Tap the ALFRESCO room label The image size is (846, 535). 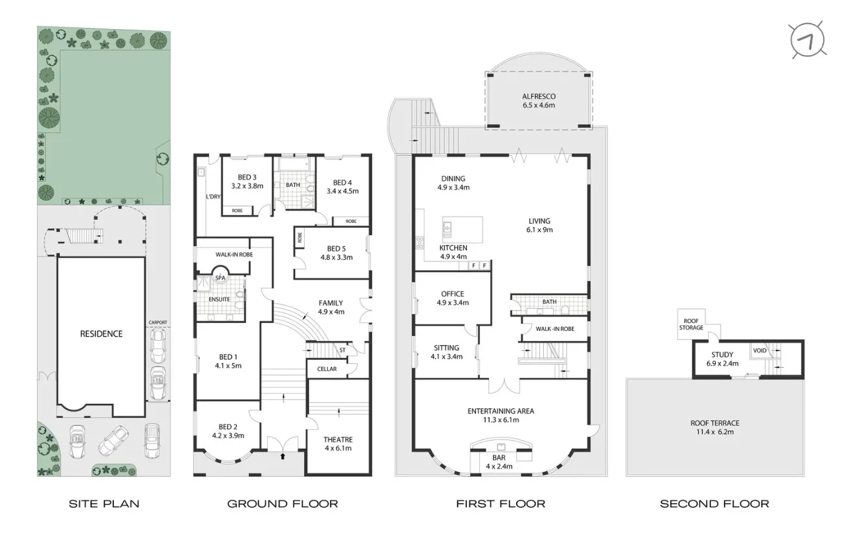point(539,97)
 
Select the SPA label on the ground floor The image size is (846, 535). point(221,278)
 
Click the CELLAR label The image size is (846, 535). point(327,369)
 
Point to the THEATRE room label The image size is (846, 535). point(338,440)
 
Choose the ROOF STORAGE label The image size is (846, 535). point(691,324)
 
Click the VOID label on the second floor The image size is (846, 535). point(759,351)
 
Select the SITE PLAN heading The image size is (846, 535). point(104,503)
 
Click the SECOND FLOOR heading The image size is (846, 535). point(715,503)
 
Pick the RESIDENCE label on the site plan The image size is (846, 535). point(101,334)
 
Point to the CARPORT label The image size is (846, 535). point(158,322)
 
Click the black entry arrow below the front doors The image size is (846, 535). point(282,456)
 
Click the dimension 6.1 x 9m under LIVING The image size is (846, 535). point(539,229)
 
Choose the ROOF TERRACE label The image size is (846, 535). point(715,423)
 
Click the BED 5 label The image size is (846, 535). point(336,249)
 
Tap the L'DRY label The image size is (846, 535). point(213,197)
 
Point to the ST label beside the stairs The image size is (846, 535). point(342,351)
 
